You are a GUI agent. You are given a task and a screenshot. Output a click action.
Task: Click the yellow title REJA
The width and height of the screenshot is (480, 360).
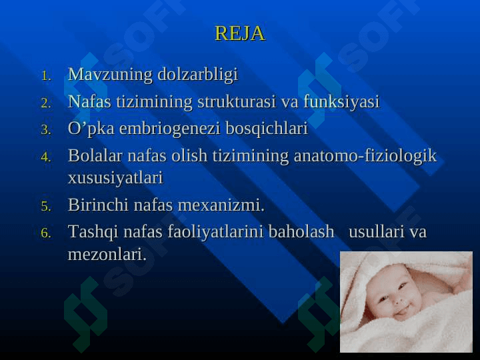(x=240, y=33)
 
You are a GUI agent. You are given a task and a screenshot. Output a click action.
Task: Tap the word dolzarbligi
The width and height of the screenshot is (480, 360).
(x=198, y=75)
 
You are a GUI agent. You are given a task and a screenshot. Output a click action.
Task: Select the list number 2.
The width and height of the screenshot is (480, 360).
(x=45, y=103)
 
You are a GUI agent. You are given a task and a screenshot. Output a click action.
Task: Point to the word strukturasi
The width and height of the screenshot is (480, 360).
(x=237, y=101)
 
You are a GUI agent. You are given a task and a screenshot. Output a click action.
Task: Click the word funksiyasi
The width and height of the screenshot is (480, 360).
(x=341, y=102)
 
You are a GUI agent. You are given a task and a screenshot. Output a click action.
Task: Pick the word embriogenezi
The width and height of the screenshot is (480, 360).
(x=170, y=129)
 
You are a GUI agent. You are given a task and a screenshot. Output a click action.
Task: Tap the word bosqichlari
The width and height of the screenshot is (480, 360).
(x=267, y=129)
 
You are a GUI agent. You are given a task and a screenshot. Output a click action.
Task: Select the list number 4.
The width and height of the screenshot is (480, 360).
(x=45, y=157)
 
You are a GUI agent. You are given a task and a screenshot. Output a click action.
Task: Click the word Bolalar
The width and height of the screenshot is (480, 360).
(x=95, y=155)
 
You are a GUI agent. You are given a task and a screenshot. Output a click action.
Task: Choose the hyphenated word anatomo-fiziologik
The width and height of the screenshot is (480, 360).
(x=365, y=156)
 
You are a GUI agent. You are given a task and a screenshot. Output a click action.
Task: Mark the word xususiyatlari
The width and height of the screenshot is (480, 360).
(x=115, y=178)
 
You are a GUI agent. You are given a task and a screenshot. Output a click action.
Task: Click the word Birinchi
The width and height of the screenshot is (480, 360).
(x=98, y=205)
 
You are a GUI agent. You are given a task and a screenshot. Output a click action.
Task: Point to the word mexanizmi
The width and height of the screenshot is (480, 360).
(x=221, y=205)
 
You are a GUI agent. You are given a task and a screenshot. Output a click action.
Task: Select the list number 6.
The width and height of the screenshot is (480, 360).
(x=45, y=233)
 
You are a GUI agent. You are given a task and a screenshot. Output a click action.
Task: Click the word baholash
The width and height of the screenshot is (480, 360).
(x=301, y=231)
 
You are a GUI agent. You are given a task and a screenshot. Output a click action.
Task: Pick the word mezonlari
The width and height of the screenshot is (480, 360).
(x=107, y=255)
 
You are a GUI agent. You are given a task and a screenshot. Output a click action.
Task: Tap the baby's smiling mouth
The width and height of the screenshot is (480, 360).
(x=402, y=311)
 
